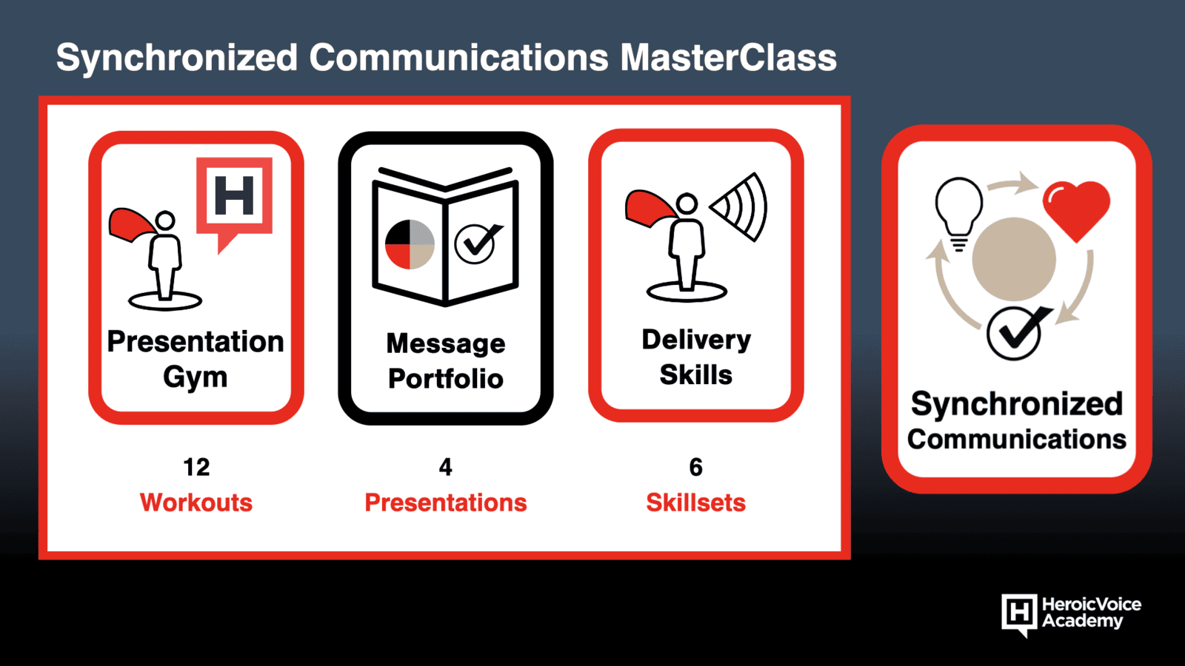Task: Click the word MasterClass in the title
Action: click(x=728, y=57)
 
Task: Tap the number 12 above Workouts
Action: click(x=196, y=467)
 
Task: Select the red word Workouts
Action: click(x=196, y=502)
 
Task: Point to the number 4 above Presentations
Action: click(x=445, y=467)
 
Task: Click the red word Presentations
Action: click(x=445, y=502)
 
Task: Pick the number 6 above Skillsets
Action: click(x=695, y=467)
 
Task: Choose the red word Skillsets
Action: click(x=695, y=502)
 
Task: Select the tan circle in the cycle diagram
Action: click(x=1014, y=259)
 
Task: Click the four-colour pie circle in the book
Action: click(x=410, y=244)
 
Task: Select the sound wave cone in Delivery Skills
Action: click(x=741, y=206)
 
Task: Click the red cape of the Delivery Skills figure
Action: click(x=650, y=208)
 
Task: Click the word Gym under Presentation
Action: click(x=196, y=377)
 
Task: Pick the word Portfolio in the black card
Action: click(x=445, y=378)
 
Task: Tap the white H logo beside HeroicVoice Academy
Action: click(x=1019, y=614)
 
